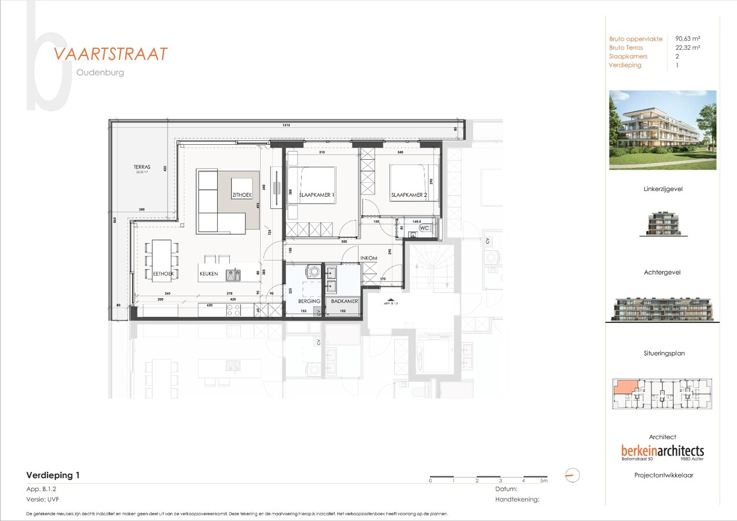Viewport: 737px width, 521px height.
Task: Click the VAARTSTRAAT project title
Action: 111,54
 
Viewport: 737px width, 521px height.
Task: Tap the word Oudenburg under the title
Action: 100,73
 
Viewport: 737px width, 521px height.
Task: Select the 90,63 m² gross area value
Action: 688,39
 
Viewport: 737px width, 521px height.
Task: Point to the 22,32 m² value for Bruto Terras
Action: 688,47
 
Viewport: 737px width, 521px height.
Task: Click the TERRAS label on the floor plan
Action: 142,167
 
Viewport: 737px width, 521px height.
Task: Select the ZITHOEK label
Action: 241,196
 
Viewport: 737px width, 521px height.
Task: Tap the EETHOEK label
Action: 164,273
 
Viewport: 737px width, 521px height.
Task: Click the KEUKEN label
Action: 209,274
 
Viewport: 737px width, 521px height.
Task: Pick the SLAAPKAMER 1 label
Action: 316,196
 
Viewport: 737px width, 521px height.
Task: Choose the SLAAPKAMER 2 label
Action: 409,196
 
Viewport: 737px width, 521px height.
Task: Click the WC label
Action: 424,228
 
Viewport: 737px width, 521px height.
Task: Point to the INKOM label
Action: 369,258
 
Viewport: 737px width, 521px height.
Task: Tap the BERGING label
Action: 309,302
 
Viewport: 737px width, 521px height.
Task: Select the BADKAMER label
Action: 344,302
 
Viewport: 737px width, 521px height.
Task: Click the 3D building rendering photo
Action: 662,130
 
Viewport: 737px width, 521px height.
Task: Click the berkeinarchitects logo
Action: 662,450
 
